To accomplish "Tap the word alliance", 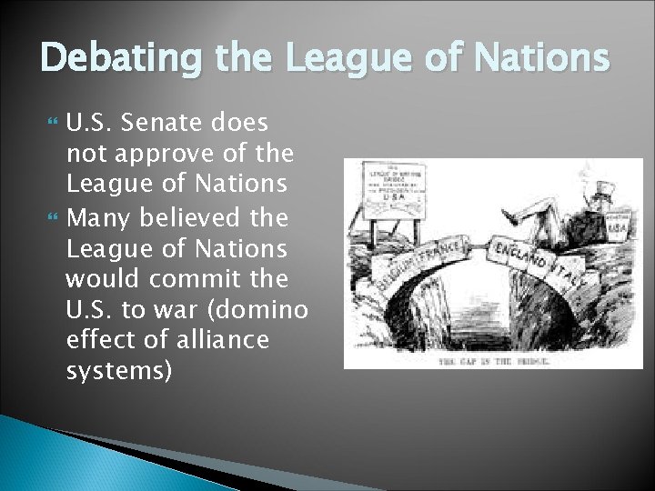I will click(x=222, y=340).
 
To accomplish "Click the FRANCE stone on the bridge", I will click(x=442, y=251).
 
